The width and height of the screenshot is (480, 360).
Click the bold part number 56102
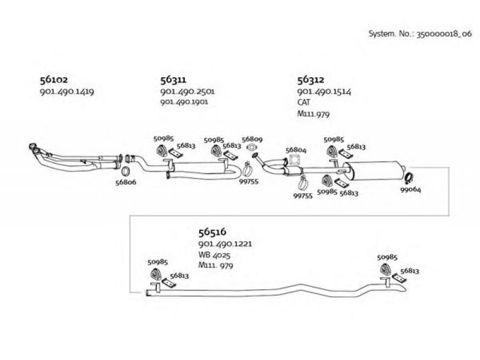pyautogui.click(x=54, y=80)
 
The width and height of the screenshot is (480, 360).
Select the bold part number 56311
pyautogui.click(x=173, y=80)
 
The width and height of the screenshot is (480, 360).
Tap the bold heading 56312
pyautogui.click(x=311, y=80)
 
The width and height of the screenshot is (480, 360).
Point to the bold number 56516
pyautogui.click(x=212, y=232)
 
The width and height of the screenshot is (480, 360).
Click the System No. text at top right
pyautogui.click(x=420, y=34)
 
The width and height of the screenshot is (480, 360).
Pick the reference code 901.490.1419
pyautogui.click(x=67, y=92)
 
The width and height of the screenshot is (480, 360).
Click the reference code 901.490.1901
pyautogui.click(x=184, y=101)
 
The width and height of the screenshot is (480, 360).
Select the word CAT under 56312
pyautogui.click(x=304, y=102)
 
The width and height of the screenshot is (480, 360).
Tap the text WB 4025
pyautogui.click(x=214, y=254)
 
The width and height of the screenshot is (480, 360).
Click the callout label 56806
pyautogui.click(x=126, y=182)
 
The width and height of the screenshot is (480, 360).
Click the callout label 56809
pyautogui.click(x=252, y=139)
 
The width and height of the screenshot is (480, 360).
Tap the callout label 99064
pyautogui.click(x=411, y=190)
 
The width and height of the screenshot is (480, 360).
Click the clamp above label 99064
pyautogui.click(x=409, y=178)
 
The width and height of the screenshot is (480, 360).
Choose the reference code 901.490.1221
pyautogui.click(x=226, y=244)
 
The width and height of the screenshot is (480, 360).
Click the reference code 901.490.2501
pyautogui.click(x=188, y=91)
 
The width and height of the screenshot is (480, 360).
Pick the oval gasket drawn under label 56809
pyautogui.click(x=251, y=148)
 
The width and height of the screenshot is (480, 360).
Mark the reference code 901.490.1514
pyautogui.click(x=324, y=92)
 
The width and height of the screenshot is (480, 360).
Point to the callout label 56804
pyautogui.click(x=296, y=150)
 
